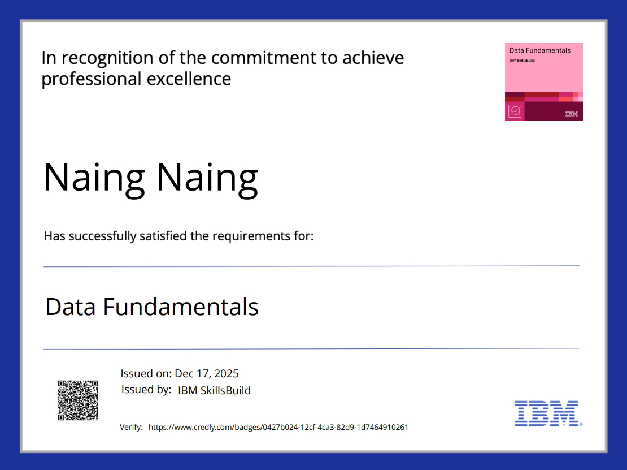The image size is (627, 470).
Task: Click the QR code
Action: click(78, 400)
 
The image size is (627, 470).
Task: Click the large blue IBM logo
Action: click(547, 413)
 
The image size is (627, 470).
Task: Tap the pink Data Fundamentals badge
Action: click(543, 81)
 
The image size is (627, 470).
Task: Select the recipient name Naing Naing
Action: click(151, 178)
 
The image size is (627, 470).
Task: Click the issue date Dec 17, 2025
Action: click(207, 373)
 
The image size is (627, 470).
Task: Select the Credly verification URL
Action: click(278, 427)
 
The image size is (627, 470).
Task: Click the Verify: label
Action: click(131, 427)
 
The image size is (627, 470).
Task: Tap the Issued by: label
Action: click(146, 390)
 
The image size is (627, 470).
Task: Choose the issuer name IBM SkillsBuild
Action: click(214, 390)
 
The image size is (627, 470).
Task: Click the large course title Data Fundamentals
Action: click(152, 307)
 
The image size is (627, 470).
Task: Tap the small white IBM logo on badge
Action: click(571, 114)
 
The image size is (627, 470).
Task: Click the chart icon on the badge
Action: click(515, 111)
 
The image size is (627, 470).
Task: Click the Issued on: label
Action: click(146, 373)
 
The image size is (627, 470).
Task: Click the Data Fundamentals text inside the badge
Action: click(540, 50)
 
